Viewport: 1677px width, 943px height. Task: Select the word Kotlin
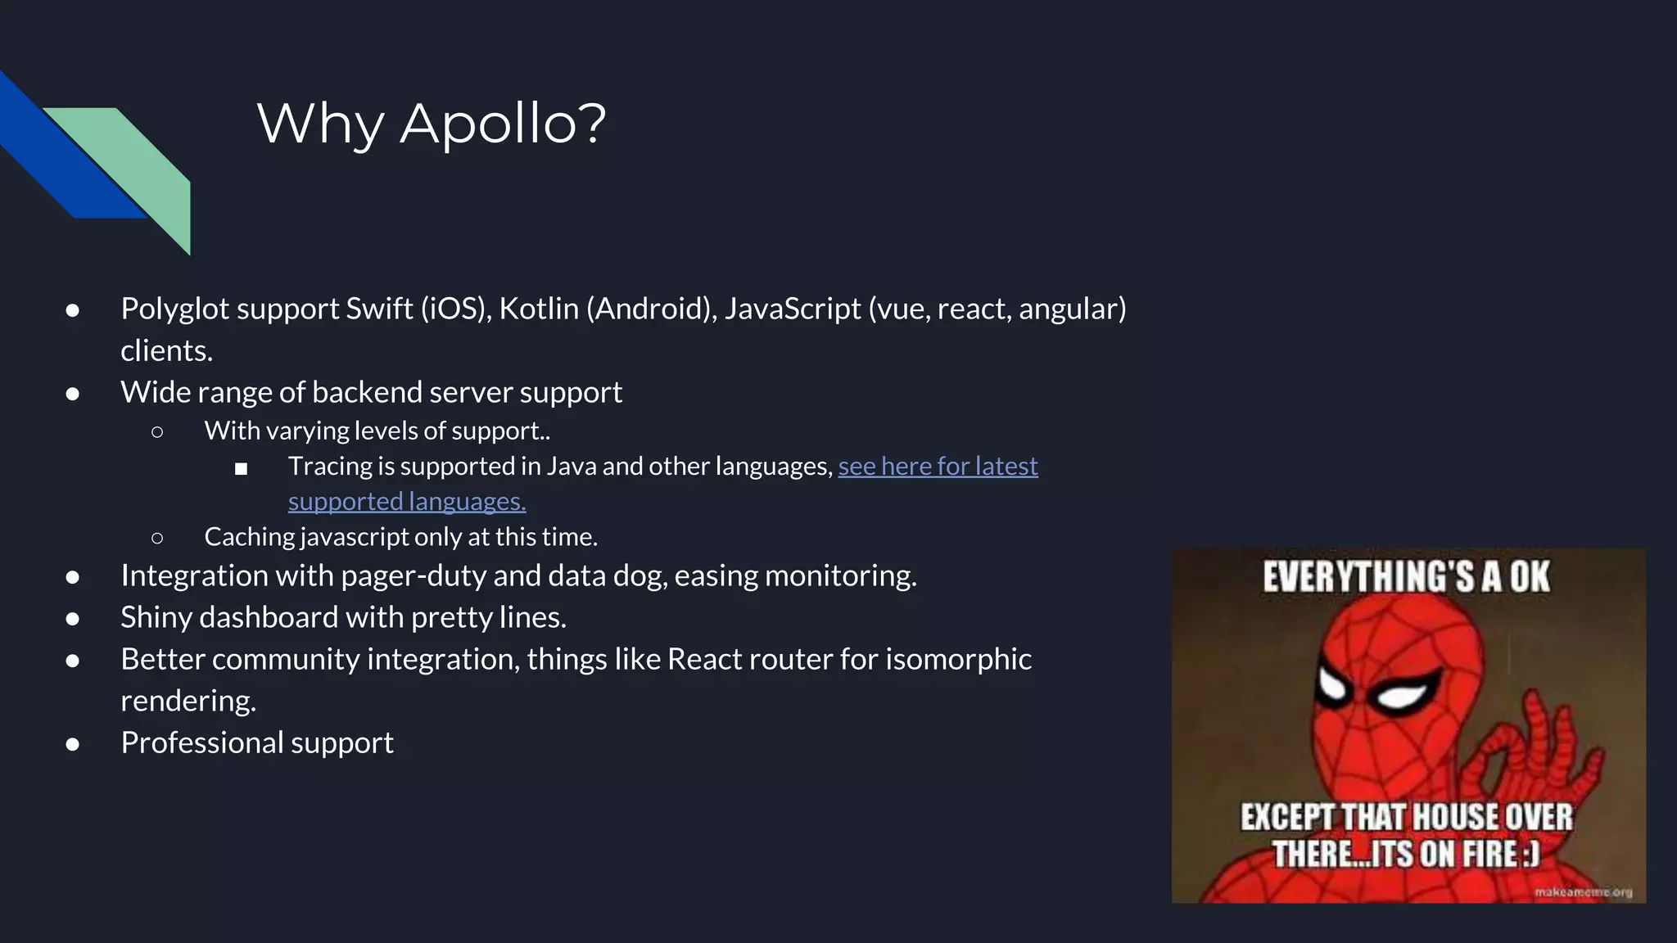pyautogui.click(x=539, y=309)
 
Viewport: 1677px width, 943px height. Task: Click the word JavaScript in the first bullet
pyautogui.click(x=792, y=309)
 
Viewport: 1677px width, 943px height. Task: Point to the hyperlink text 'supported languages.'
pyautogui.click(x=407, y=501)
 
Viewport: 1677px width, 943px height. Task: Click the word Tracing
pyautogui.click(x=330, y=466)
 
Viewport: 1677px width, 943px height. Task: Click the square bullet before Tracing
pyautogui.click(x=241, y=469)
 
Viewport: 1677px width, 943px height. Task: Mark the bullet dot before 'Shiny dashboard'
pyautogui.click(x=73, y=619)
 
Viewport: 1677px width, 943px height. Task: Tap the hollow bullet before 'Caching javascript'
pyautogui.click(x=157, y=538)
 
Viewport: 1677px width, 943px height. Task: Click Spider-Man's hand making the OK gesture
pyautogui.click(x=1539, y=745)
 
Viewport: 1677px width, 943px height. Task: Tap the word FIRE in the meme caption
pyautogui.click(x=1490, y=854)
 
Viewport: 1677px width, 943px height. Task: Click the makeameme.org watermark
pyautogui.click(x=1583, y=891)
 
